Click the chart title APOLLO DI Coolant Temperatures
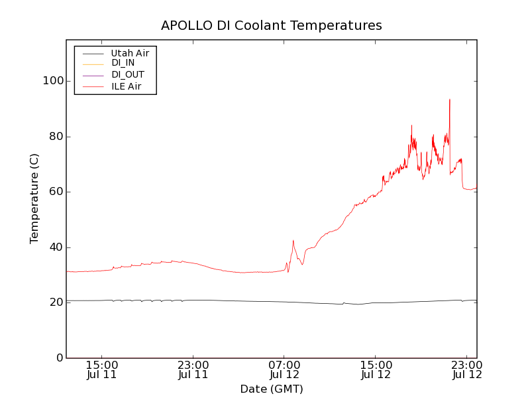click(272, 25)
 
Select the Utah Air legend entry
click(129, 53)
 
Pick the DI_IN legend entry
click(124, 64)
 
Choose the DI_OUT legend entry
click(127, 75)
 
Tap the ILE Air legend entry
click(126, 86)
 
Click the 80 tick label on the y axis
click(54, 137)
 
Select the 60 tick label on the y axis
click(54, 192)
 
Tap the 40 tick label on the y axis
click(54, 247)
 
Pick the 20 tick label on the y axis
click(54, 302)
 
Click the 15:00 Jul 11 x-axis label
click(102, 369)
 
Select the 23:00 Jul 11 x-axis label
click(193, 369)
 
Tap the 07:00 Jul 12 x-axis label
click(284, 369)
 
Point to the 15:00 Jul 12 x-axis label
click(376, 369)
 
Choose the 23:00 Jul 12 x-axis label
click(466, 369)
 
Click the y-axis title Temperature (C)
click(34, 198)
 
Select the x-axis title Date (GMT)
click(272, 389)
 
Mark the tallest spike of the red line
click(450, 99)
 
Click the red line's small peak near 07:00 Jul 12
click(293, 241)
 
